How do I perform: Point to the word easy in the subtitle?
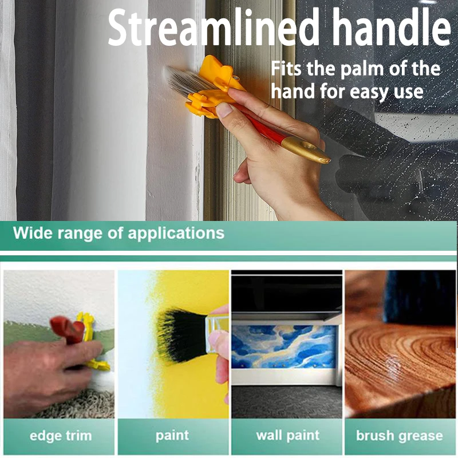pos(369,92)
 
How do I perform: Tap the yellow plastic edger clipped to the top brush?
pos(215,88)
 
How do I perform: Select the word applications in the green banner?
pos(176,234)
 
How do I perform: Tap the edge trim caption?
pos(61,436)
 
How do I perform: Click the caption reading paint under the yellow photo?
pos(172,436)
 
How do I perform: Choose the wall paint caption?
pos(288,436)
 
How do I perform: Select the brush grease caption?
pos(400,436)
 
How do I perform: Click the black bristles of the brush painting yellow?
pos(181,336)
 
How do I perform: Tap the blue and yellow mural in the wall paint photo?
pos(284,347)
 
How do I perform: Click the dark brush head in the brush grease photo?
pos(420,297)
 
